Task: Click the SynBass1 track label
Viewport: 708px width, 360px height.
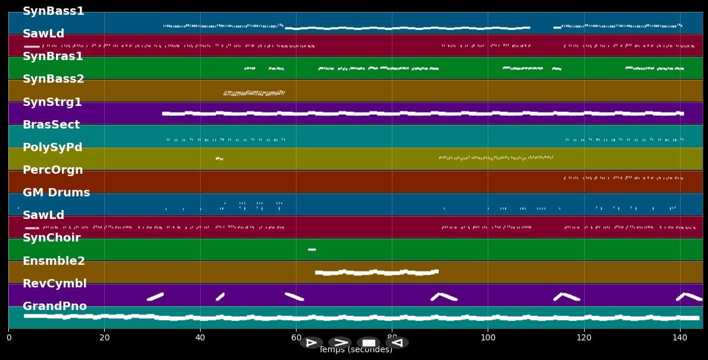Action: [x=53, y=11]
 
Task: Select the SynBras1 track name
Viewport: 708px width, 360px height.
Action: [x=52, y=57]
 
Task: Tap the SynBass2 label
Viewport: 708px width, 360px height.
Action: [x=53, y=79]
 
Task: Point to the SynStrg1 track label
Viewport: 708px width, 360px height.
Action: [x=52, y=102]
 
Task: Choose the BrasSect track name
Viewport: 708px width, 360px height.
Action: [x=51, y=125]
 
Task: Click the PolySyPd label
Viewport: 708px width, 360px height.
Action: [x=52, y=148]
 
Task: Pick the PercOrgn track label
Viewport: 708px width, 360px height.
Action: [x=52, y=170]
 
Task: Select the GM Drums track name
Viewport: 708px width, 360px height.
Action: [x=56, y=193]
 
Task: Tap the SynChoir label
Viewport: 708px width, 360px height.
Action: [x=51, y=238]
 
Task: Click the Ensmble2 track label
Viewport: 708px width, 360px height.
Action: [x=54, y=261]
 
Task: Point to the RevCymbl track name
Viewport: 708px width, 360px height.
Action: [x=54, y=284]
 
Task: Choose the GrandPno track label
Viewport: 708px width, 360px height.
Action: [x=54, y=306]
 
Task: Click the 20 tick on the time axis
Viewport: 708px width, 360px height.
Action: [x=104, y=338]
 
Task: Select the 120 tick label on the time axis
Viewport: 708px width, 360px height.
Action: [x=584, y=338]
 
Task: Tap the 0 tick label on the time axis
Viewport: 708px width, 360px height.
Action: [x=9, y=338]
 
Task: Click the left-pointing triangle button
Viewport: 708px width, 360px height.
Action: [x=397, y=343]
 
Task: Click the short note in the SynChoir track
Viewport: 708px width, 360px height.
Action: [x=311, y=249]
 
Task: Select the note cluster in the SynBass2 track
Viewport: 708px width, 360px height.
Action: [x=254, y=93]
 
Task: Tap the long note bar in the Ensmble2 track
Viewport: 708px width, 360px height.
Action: [x=376, y=273]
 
